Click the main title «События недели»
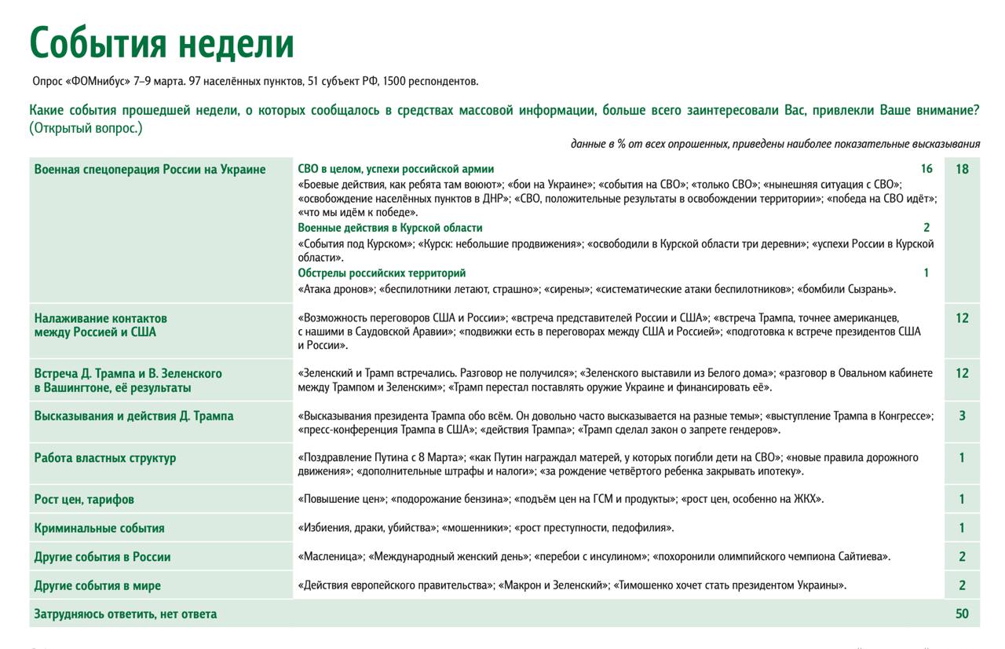(x=162, y=44)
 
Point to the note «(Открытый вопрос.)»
(x=86, y=128)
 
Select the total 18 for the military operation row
(x=962, y=169)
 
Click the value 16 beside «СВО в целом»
(x=926, y=169)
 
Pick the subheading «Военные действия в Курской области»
(x=390, y=228)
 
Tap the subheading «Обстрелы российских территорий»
(x=382, y=273)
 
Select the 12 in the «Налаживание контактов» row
(x=962, y=318)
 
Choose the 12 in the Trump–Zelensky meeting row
(x=962, y=373)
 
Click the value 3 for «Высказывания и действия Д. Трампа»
(x=962, y=416)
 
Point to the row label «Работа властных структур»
(x=105, y=458)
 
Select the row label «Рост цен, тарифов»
(x=84, y=500)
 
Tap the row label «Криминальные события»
(x=99, y=528)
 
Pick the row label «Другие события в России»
(x=102, y=557)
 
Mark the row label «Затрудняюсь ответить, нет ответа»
(x=126, y=614)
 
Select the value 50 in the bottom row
(x=962, y=614)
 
